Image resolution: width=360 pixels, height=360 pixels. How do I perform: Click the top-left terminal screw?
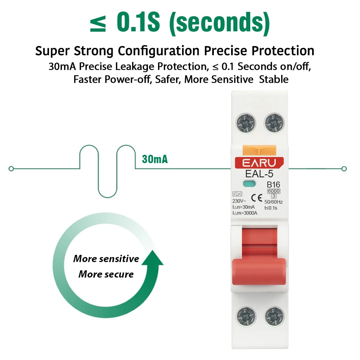click(246, 123)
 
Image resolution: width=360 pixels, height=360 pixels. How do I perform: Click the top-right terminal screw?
click(274, 123)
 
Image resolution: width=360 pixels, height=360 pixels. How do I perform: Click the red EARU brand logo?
click(259, 163)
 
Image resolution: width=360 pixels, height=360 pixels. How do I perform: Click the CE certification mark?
click(256, 197)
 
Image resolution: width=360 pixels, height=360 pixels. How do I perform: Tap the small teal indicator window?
click(249, 185)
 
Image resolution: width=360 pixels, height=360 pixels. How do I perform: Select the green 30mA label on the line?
click(155, 159)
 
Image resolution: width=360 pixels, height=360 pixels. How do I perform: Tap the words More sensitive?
click(106, 259)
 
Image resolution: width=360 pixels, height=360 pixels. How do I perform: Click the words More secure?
click(106, 274)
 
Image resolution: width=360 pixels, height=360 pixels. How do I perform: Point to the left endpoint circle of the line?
click(11, 168)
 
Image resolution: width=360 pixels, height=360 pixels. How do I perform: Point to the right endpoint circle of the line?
click(344, 168)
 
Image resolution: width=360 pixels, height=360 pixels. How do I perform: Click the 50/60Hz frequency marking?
click(274, 202)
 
